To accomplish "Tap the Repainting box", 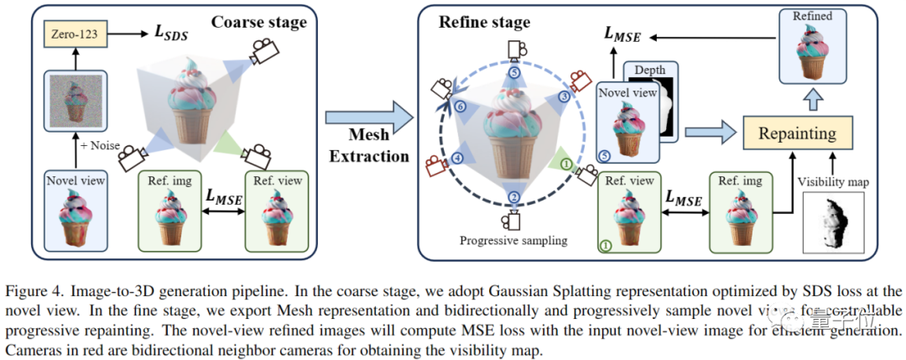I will click(796, 133).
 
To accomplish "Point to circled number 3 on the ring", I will click(564, 98).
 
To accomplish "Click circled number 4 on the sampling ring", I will click(457, 157).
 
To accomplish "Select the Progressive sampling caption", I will click(513, 241).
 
